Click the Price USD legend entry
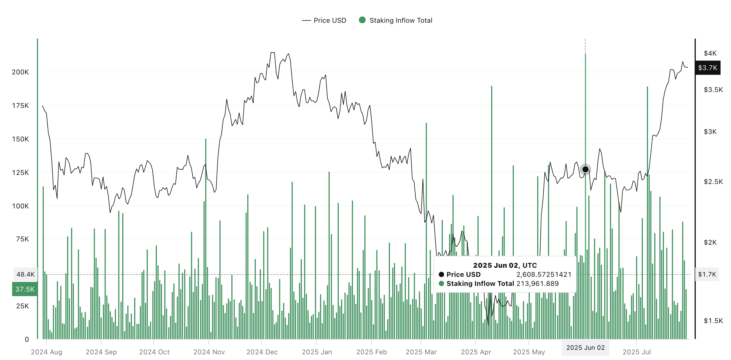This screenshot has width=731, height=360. pyautogui.click(x=324, y=20)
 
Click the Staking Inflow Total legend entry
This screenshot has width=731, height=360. pyautogui.click(x=396, y=20)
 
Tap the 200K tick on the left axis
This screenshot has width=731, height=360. pyautogui.click(x=20, y=72)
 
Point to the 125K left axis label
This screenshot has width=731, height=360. pyautogui.click(x=20, y=173)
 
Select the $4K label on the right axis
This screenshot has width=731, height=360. pyautogui.click(x=710, y=53)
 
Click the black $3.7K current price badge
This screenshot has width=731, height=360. pyautogui.click(x=707, y=68)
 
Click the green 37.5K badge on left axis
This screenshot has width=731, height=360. pyautogui.click(x=25, y=289)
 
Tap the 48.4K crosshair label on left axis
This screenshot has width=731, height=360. pyautogui.click(x=25, y=274)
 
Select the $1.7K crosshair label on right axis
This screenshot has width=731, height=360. pyautogui.click(x=707, y=274)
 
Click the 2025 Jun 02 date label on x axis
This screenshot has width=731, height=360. pyautogui.click(x=585, y=348)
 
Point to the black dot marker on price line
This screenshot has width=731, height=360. pyautogui.click(x=585, y=169)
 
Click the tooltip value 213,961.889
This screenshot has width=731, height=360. pyautogui.click(x=537, y=284)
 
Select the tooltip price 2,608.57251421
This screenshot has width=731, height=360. pyautogui.click(x=543, y=275)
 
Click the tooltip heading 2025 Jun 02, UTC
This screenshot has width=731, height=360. pyautogui.click(x=505, y=265)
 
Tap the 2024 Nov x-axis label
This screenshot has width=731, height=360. pyautogui.click(x=209, y=352)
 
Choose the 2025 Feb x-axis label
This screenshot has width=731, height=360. pyautogui.click(x=371, y=352)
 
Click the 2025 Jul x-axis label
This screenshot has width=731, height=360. pyautogui.click(x=636, y=352)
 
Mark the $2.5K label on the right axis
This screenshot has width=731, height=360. pyautogui.click(x=713, y=182)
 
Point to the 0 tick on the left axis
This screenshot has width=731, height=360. pyautogui.click(x=27, y=340)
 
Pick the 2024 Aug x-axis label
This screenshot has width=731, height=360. pyautogui.click(x=46, y=352)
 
